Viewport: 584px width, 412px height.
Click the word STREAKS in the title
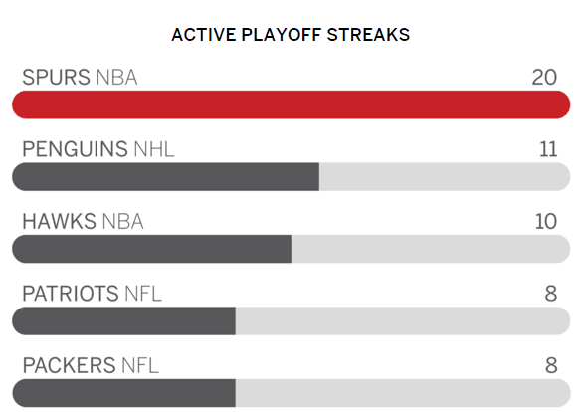(368, 35)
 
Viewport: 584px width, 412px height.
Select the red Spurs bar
(292, 104)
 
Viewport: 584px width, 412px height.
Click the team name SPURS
(56, 77)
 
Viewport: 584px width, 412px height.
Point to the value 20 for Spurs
(544, 77)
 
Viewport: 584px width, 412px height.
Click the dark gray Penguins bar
(166, 177)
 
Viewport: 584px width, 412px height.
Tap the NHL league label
(154, 149)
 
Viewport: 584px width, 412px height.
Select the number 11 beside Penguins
(548, 149)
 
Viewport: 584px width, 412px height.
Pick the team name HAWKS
(60, 221)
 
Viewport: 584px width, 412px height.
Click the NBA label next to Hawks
(123, 221)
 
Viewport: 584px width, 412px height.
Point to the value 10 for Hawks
(546, 221)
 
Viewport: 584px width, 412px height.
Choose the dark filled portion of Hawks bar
(151, 249)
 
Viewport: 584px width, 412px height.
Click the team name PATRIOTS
(71, 294)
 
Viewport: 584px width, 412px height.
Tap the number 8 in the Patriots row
(551, 294)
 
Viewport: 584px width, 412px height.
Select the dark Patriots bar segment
(123, 321)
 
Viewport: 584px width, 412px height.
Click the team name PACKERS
(69, 365)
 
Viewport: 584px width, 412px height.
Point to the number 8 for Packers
(551, 365)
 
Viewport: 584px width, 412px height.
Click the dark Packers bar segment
(123, 393)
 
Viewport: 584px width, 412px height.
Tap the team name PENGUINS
(75, 149)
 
